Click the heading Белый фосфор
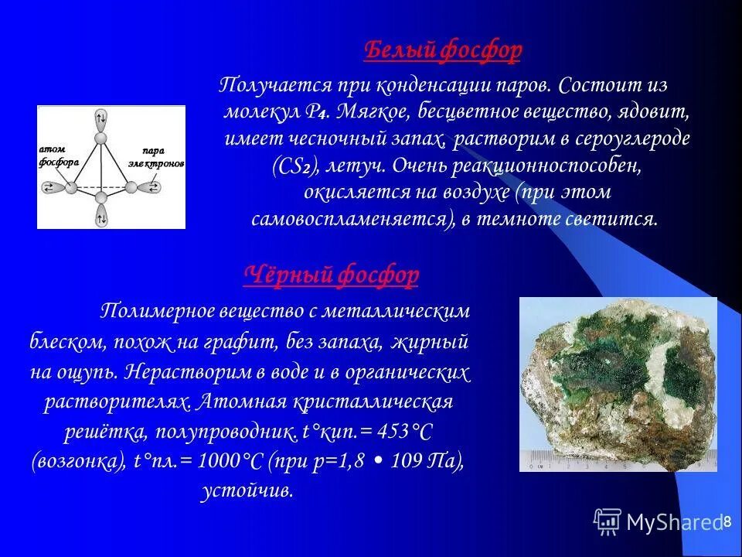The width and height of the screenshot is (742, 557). [442, 51]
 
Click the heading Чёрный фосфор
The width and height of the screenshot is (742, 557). [332, 274]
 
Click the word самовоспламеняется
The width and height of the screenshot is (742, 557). [352, 219]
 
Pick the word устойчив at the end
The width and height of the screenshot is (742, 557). [247, 491]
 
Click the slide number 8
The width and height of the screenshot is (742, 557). [727, 522]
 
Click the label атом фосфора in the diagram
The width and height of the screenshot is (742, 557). [54, 155]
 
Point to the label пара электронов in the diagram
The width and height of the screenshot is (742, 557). [161, 157]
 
